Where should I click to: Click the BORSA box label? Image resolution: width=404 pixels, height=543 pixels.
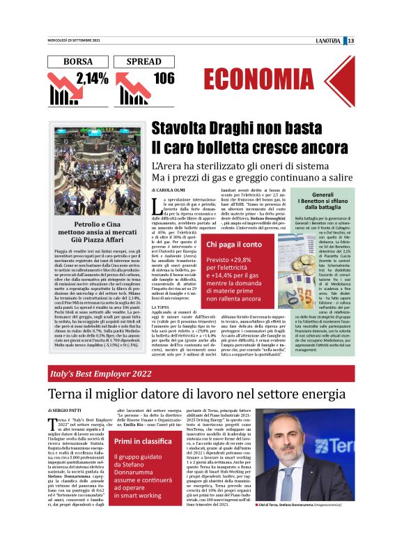pos(78,61)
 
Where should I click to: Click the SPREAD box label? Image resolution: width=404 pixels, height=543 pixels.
pos(148,61)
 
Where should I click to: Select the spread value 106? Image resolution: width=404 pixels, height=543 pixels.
pos(164,78)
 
